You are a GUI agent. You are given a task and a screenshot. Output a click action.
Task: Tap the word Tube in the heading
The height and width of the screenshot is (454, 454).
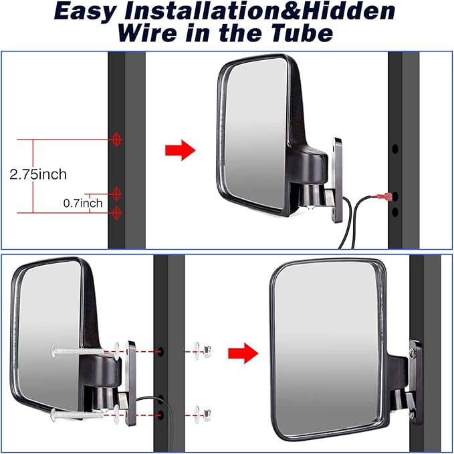(x=298, y=33)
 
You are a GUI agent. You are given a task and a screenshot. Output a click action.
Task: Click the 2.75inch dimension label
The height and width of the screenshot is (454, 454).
(x=38, y=174)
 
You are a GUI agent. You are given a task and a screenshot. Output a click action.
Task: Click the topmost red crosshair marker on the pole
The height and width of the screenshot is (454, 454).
(x=118, y=140)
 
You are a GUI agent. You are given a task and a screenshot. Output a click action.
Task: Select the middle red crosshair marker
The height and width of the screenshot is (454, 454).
(x=118, y=194)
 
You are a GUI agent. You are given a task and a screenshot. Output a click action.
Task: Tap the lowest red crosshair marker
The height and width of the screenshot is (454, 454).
(x=118, y=212)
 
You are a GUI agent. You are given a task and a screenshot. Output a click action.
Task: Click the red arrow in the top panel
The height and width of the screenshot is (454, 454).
(x=180, y=150)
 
